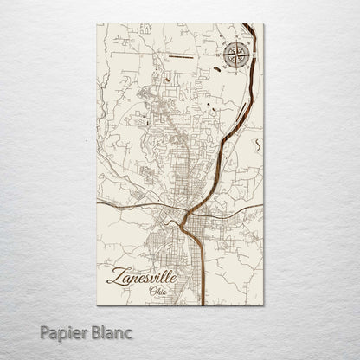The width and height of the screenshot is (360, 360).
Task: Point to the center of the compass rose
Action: pos(235,58)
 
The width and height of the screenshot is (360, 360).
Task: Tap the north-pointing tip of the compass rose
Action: pos(235,42)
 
